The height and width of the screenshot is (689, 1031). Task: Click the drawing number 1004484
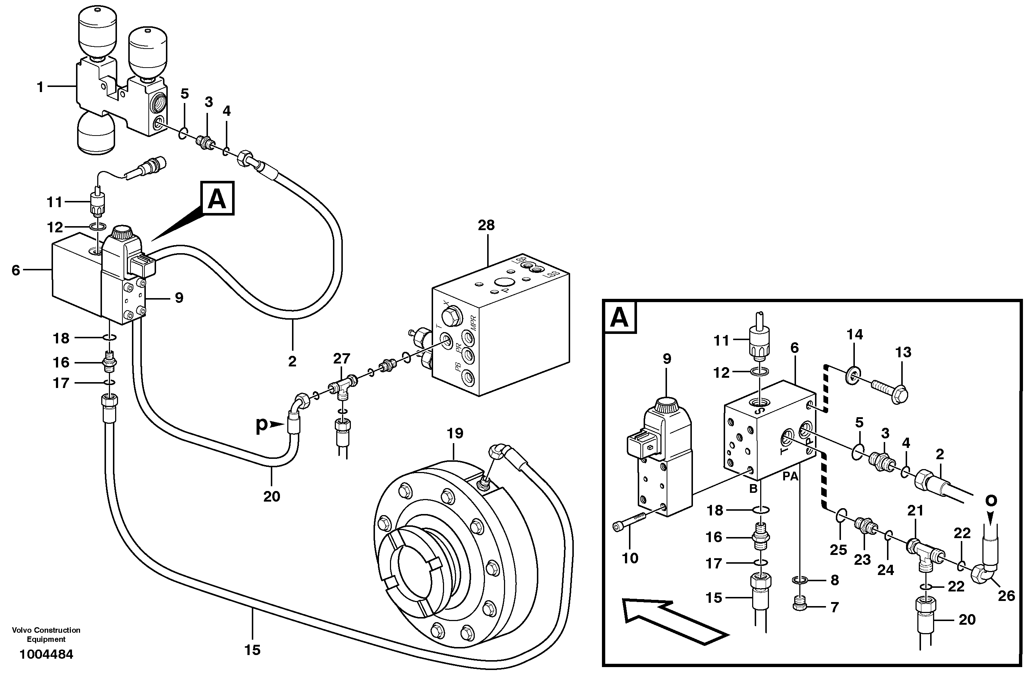[46, 654]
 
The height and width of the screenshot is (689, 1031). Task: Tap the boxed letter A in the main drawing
[217, 199]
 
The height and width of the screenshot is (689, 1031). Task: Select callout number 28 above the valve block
[486, 225]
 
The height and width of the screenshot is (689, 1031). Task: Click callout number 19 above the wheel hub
[455, 434]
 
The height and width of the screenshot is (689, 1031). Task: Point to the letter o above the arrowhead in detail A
[991, 500]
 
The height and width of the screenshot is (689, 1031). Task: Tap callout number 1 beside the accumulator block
[40, 87]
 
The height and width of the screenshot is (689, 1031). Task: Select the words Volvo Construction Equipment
[46, 635]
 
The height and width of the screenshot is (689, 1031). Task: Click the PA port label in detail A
[790, 476]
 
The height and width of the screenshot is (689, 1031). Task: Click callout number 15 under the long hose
[252, 650]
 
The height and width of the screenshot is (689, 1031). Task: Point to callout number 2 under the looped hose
[292, 362]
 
